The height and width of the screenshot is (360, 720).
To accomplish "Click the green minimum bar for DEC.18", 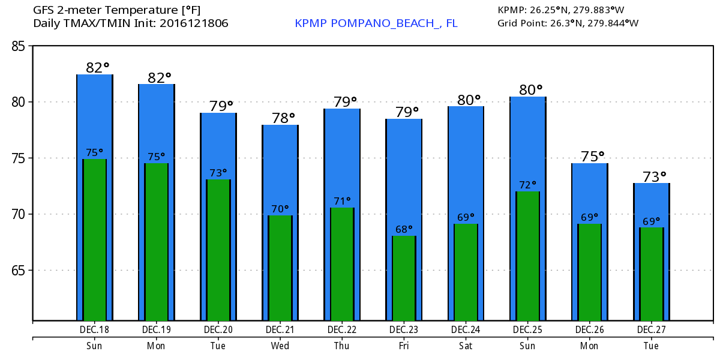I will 95,240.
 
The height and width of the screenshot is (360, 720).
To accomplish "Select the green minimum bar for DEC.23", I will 404,278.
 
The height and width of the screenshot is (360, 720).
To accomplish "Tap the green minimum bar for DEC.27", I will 651,274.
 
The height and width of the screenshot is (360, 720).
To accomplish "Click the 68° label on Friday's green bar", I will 404,229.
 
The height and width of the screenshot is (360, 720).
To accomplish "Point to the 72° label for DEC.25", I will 527,185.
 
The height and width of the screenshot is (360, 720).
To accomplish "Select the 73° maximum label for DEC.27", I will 651,176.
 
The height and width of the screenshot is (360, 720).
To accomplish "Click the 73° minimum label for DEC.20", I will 218,173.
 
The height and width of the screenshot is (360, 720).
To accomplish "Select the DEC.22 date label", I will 342,330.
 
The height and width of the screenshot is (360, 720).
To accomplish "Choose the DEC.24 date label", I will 466,330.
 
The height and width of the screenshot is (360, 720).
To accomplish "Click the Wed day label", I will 280,346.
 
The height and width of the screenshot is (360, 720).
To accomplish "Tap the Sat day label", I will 466,346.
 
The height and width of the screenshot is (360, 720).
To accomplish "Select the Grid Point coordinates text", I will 568,23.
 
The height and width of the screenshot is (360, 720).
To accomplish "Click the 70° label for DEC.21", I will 280,209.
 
